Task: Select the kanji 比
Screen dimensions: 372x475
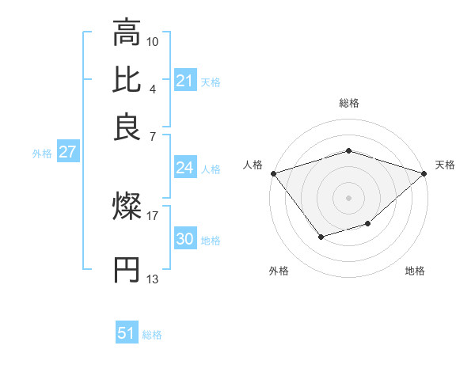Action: point(127,80)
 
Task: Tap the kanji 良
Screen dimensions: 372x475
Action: point(127,127)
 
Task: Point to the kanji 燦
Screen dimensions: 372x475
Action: point(127,207)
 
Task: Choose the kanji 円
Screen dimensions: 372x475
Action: point(127,270)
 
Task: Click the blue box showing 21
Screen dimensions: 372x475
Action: point(185,81)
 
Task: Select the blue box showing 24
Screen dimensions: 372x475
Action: point(185,168)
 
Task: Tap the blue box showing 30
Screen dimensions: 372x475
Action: point(185,240)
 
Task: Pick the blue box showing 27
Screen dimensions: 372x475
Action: point(67,153)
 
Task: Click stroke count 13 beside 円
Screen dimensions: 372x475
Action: point(152,279)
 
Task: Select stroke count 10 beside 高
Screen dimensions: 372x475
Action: point(153,40)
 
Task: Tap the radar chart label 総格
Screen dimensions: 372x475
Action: point(349,104)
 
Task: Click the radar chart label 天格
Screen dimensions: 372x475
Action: point(445,165)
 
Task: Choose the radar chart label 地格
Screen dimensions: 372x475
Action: point(415,271)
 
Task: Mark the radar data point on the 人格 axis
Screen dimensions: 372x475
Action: point(273,173)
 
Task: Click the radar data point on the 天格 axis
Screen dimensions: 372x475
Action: point(425,173)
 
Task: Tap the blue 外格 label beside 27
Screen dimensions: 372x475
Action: point(42,154)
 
